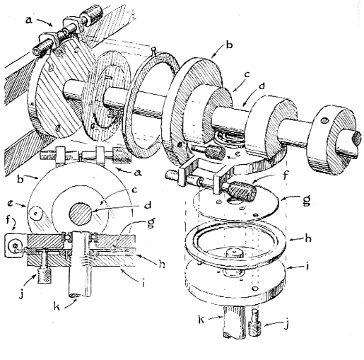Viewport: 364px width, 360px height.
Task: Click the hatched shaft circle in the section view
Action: pos(80,214)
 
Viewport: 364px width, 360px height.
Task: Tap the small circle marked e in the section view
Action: pos(36,214)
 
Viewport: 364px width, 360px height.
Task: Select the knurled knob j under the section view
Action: pos(43,276)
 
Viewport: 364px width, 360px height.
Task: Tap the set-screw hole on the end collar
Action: pos(325,121)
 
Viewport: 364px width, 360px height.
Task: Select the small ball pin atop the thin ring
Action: pos(153,50)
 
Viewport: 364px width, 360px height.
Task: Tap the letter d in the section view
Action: pos(148,204)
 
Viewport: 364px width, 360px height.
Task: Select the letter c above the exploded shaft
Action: pos(247,75)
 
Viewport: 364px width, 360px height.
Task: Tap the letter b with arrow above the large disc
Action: pos(229,45)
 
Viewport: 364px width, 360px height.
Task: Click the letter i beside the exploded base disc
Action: pos(307,266)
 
